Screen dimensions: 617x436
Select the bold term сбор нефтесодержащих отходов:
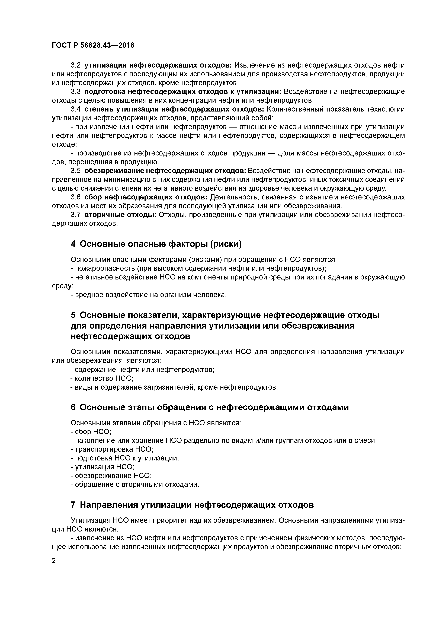(x=146, y=197)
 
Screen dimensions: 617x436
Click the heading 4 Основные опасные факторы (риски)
(x=156, y=244)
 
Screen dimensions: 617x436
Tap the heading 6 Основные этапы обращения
(x=210, y=407)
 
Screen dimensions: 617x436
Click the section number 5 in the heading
(x=73, y=315)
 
